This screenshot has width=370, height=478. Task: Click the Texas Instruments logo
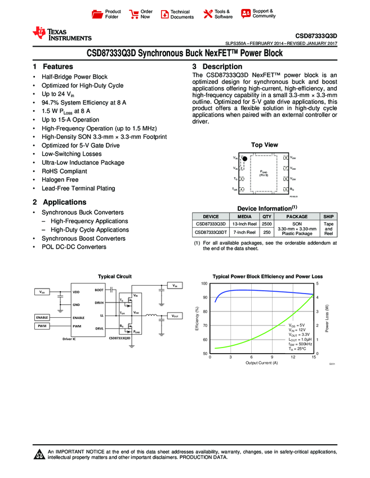tap(62, 34)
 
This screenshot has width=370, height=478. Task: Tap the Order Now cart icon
tap(134, 14)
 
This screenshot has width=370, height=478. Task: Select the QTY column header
tap(267, 217)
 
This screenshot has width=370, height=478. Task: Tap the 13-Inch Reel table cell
tap(244, 224)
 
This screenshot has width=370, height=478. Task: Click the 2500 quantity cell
tap(267, 224)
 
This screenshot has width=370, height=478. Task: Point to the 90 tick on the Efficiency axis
tap(205, 297)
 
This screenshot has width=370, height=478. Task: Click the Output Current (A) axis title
tap(261, 363)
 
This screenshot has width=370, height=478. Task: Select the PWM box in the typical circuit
tap(42, 326)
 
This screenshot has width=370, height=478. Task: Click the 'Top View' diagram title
tap(264, 145)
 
